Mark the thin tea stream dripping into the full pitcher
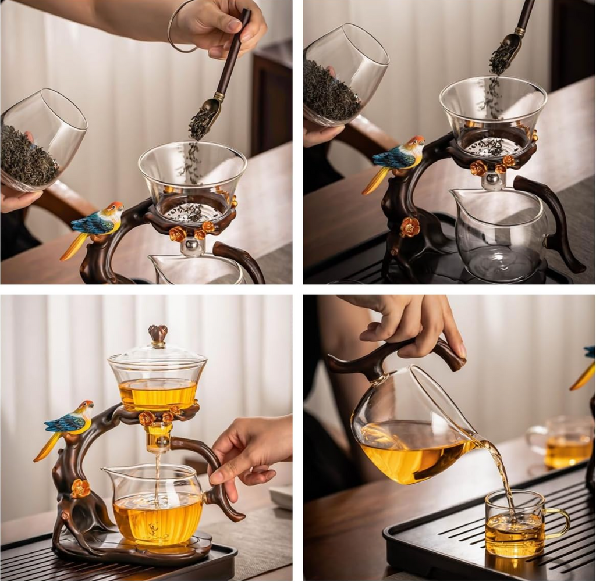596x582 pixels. [157, 477]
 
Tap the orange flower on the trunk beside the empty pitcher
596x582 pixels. [410, 227]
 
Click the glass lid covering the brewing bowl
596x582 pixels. [157, 360]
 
